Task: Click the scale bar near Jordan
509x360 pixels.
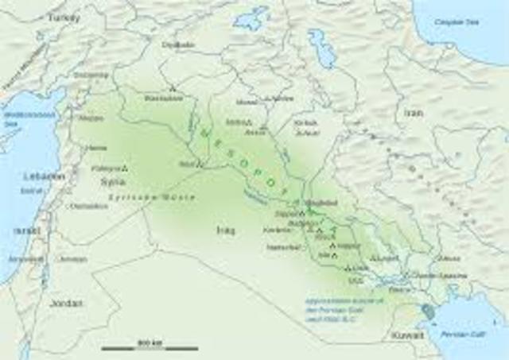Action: pyautogui.click(x=150, y=347)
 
